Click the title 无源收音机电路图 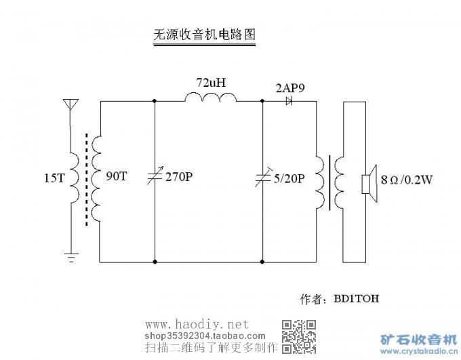coord(205,35)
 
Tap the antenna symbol coord(71,106)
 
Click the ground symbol coord(71,256)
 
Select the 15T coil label coord(54,178)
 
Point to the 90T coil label coord(116,176)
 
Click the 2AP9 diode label coord(289,87)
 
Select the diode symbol coord(289,101)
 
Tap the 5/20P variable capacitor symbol coord(262,178)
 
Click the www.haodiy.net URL coord(197,325)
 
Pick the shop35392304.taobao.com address coord(205,336)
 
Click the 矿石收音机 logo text coord(419,339)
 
